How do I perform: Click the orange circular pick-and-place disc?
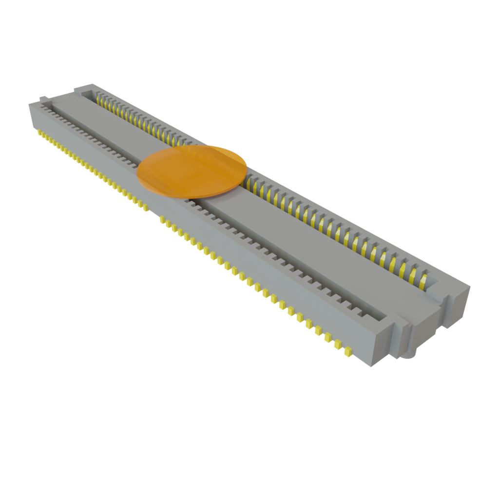coord(192,172)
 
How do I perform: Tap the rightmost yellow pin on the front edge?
coord(348,351)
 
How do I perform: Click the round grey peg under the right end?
coord(408,354)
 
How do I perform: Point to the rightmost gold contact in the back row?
coord(423,280)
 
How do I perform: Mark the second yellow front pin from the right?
coord(337,344)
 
